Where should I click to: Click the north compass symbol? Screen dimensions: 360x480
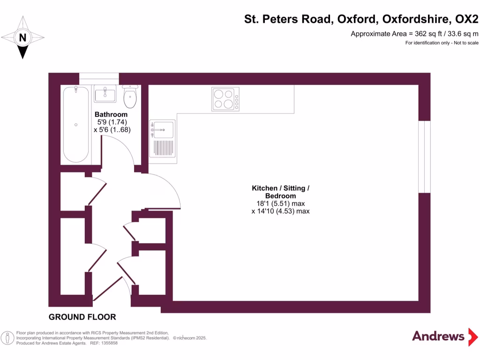[22, 37]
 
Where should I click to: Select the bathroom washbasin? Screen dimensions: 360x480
[105, 94]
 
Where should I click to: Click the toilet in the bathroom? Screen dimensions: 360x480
[130, 97]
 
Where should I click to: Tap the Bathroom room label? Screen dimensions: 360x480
[111, 114]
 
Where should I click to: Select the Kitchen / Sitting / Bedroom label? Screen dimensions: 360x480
[280, 192]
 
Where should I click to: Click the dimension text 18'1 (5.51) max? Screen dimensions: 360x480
[280, 203]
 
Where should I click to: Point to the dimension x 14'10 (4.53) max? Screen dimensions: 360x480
[280, 211]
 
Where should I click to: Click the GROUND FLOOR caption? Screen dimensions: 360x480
[82, 317]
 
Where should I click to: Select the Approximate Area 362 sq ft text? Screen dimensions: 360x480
[414, 34]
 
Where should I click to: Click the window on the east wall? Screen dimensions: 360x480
[424, 157]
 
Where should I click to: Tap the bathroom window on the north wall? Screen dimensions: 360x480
[99, 78]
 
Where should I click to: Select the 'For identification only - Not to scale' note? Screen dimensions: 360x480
[442, 43]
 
